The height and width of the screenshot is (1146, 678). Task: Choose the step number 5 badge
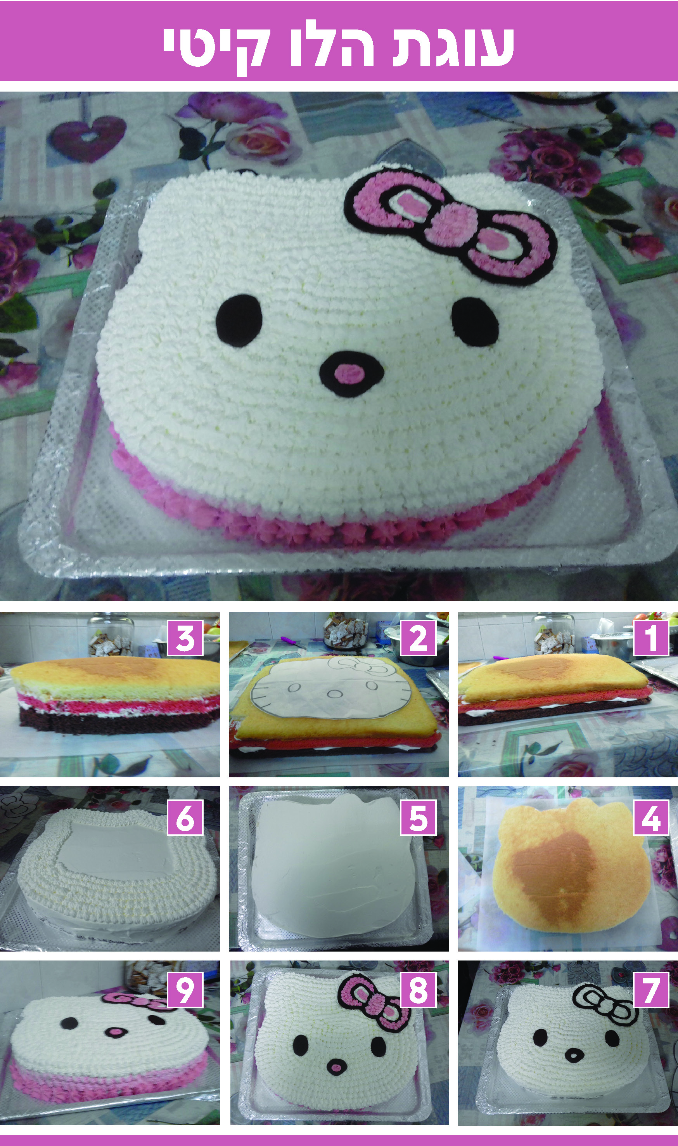tap(418, 817)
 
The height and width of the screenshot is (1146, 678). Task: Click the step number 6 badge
tap(185, 817)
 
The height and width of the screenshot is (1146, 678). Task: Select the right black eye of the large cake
tap(475, 321)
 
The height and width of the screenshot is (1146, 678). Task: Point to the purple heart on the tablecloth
tap(88, 137)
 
